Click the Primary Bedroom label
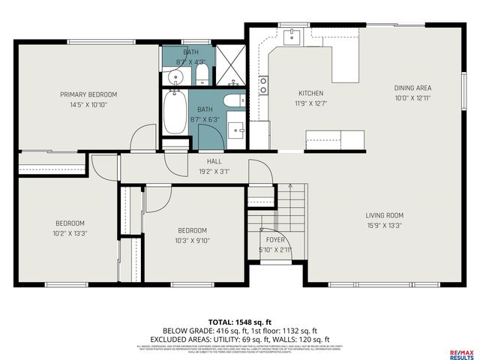pos(88,94)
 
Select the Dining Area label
pos(412,88)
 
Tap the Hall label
pos(214,160)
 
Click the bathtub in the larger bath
pos(175,114)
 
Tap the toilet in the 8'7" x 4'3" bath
pos(202,74)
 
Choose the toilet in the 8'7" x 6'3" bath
pos(232,101)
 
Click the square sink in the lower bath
pos(235,130)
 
